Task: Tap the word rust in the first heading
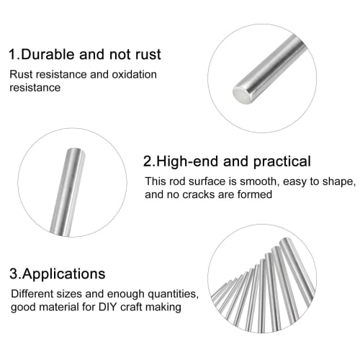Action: [146, 54]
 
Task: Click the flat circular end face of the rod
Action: [241, 91]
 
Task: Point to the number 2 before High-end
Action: [147, 161]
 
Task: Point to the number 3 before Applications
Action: [12, 274]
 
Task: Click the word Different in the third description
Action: [31, 294]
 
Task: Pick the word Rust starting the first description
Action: [22, 74]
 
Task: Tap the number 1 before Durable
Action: [12, 54]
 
